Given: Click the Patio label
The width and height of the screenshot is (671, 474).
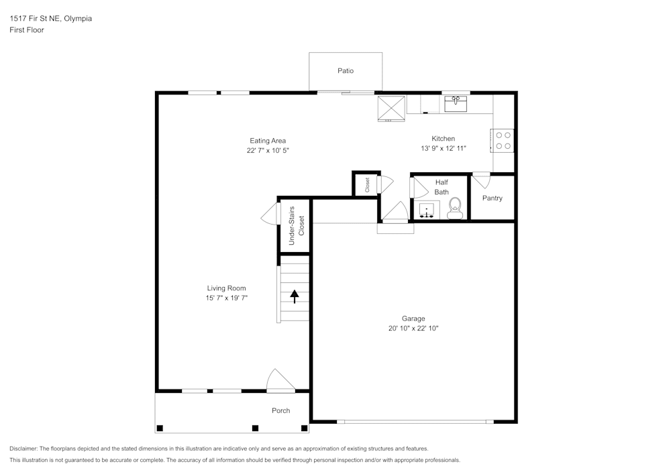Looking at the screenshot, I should point(346,70).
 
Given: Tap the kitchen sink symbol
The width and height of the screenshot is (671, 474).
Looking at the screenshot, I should point(456,104).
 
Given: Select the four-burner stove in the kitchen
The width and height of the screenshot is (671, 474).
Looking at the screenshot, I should point(503,140).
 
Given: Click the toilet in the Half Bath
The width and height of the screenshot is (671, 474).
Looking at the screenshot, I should point(456,207).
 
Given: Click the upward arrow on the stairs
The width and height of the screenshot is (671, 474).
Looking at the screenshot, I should point(295,296).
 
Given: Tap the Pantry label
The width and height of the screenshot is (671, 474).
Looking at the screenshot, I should point(492,198).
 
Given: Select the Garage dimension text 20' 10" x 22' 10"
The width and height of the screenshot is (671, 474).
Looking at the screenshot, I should point(413,329).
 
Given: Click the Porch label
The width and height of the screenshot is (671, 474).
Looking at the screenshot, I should point(280,410).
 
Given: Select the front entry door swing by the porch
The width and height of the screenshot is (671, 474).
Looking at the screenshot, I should point(279,380).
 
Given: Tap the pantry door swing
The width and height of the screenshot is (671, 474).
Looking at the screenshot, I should point(482,180).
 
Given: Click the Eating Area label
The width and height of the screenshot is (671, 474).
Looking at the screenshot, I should point(268,141).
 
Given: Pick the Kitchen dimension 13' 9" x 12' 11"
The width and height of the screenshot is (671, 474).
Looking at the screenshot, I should point(443,148).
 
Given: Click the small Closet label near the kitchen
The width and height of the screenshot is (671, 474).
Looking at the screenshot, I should point(367,184).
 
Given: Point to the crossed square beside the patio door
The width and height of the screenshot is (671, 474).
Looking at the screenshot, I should point(391,109).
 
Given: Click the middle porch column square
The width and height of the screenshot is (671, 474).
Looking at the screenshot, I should point(255,428).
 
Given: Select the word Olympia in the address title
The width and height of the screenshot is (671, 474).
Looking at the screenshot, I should point(78,19).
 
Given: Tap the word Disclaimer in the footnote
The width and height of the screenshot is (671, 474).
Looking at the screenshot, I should point(23,449).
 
